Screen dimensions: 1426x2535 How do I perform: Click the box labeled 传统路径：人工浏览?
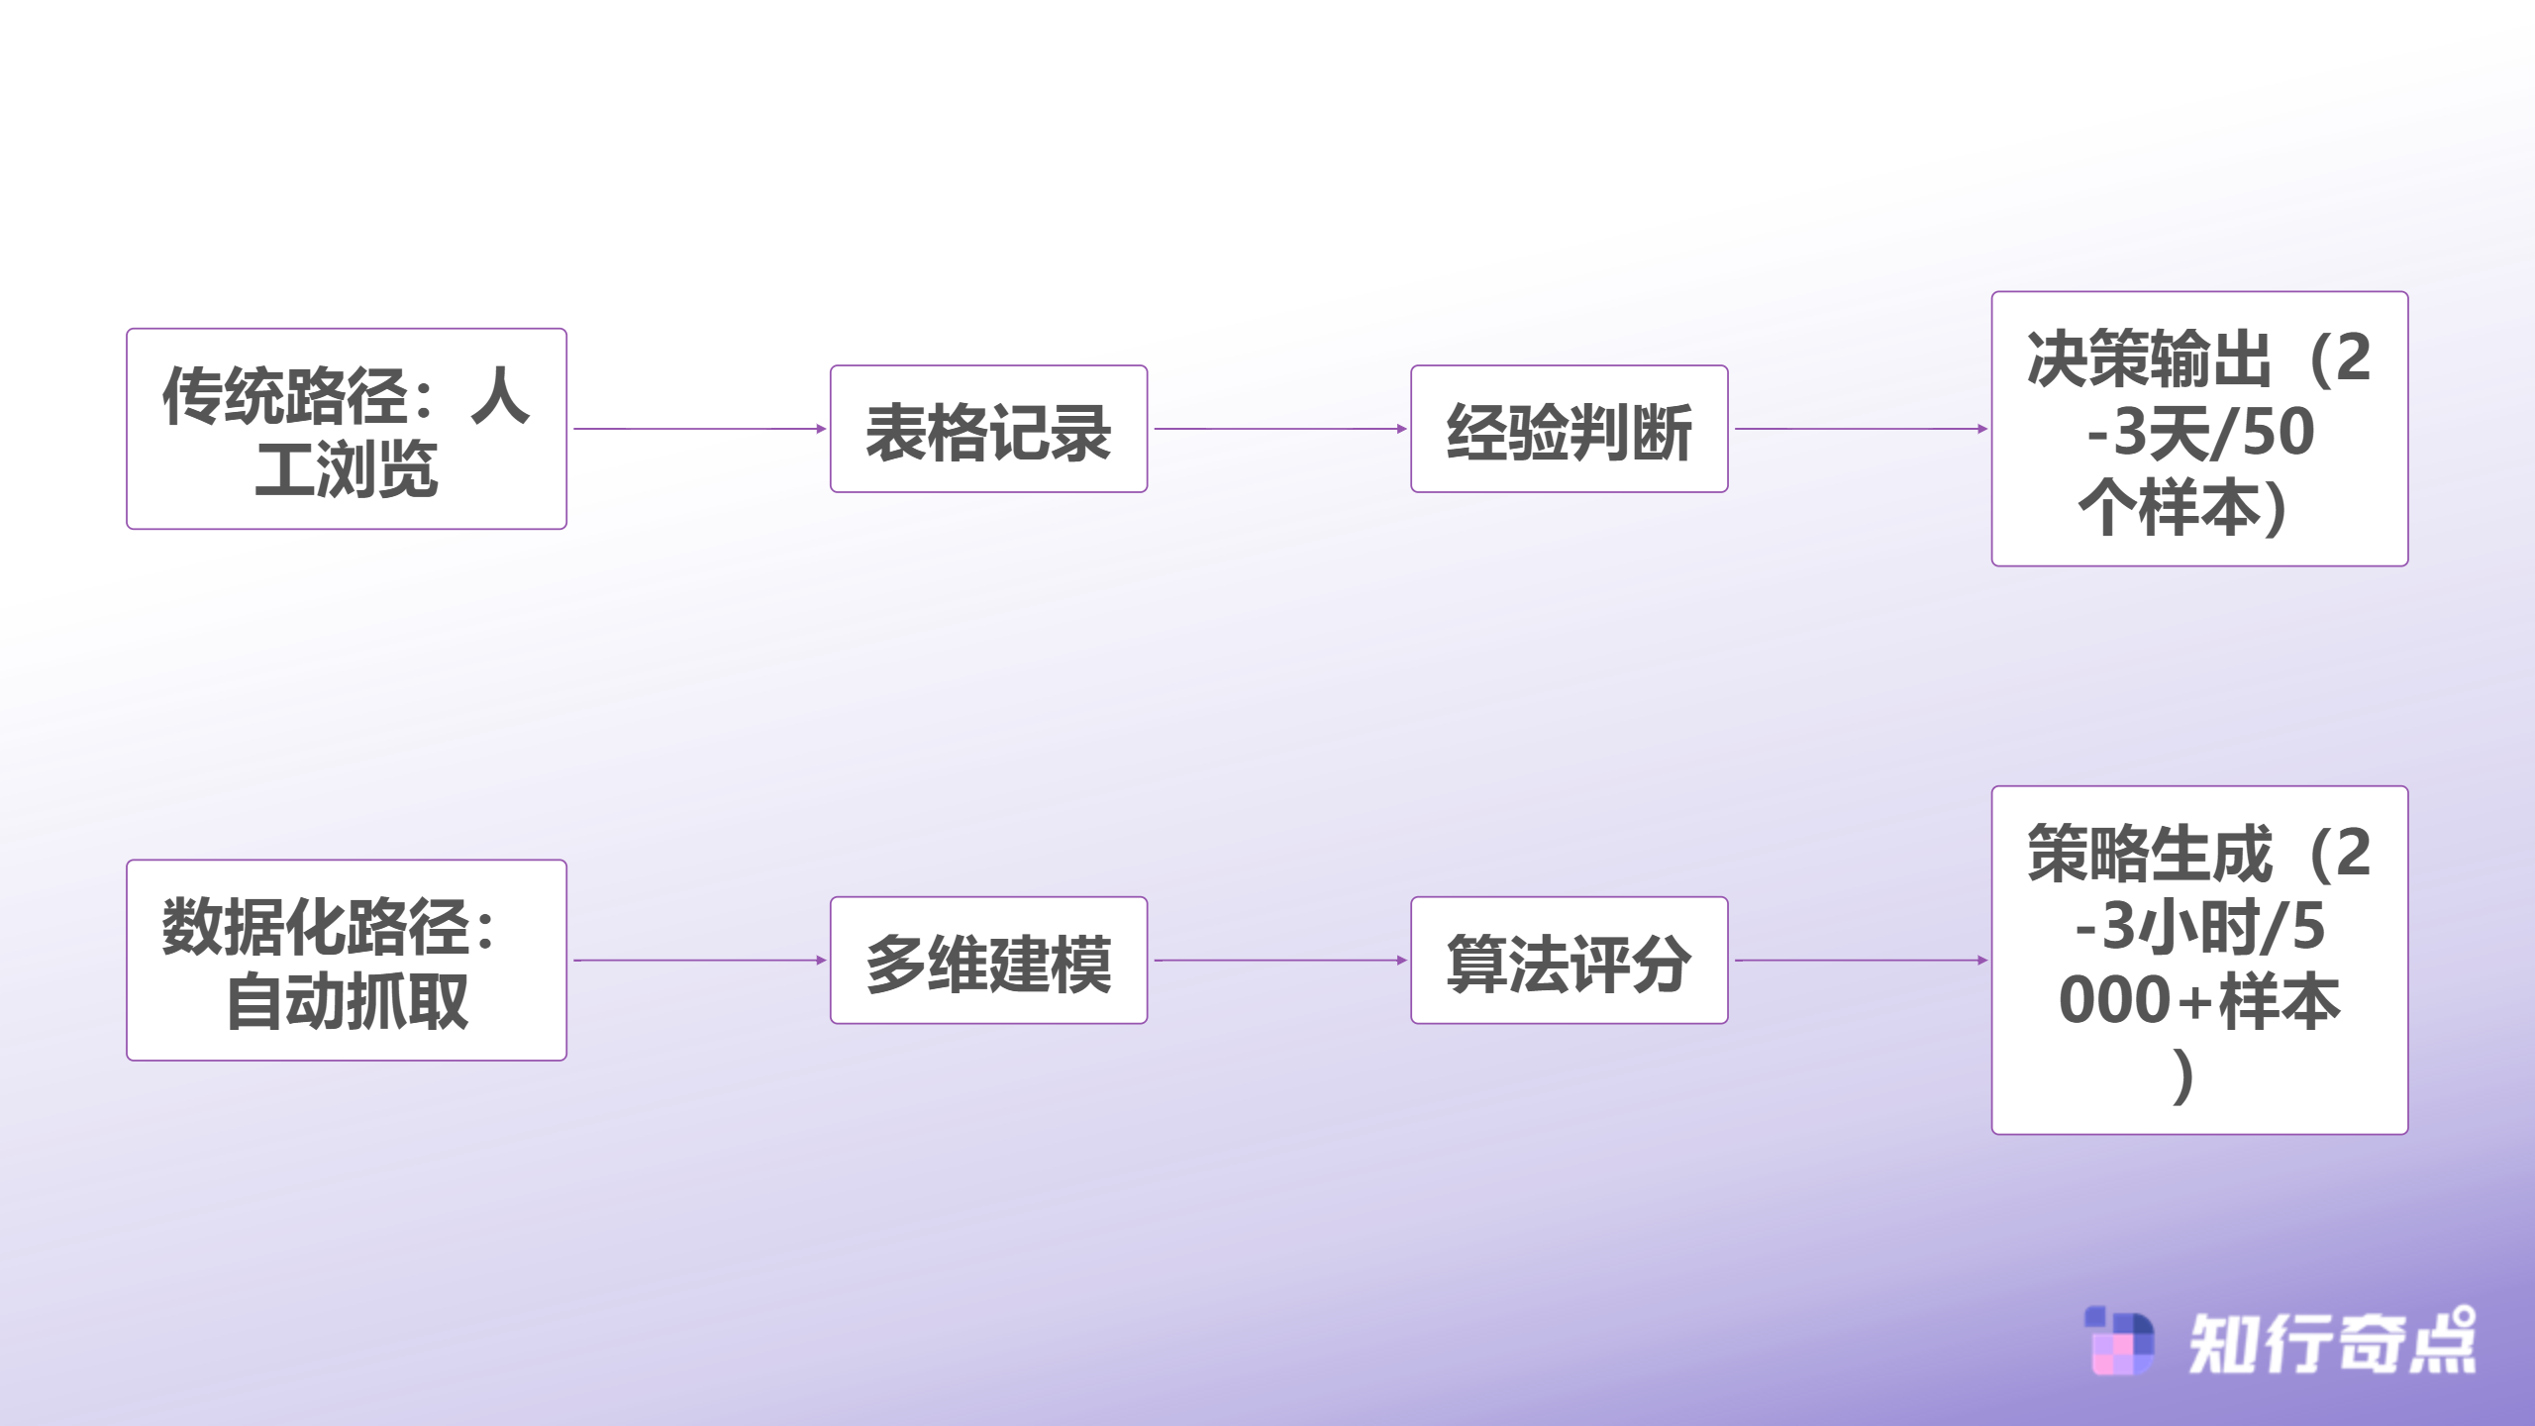347,429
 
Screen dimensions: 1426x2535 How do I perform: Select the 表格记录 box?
988,429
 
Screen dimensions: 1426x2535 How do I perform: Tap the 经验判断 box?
1569,429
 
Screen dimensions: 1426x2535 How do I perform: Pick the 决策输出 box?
2199,429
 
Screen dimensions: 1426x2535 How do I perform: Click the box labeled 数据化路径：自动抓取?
347,960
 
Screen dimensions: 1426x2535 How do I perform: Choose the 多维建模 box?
988,960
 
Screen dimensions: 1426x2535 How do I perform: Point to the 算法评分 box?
1569,960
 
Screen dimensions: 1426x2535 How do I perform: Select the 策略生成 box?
2199,960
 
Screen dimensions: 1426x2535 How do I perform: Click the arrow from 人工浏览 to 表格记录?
699,429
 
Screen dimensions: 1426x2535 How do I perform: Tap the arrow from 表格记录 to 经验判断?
1279,429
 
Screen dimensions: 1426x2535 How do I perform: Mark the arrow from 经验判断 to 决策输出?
1860,429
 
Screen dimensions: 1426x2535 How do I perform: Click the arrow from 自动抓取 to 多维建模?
699,960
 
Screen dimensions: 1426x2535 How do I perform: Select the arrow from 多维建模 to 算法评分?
1279,960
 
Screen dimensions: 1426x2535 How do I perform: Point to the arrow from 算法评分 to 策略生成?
1860,960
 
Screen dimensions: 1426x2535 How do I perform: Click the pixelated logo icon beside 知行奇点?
2119,1341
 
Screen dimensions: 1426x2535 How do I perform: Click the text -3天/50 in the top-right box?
2199,432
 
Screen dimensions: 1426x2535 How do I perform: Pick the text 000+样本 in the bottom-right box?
2199,1000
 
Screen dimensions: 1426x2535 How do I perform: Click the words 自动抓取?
347,1002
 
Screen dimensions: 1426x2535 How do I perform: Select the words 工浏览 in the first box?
347,469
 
